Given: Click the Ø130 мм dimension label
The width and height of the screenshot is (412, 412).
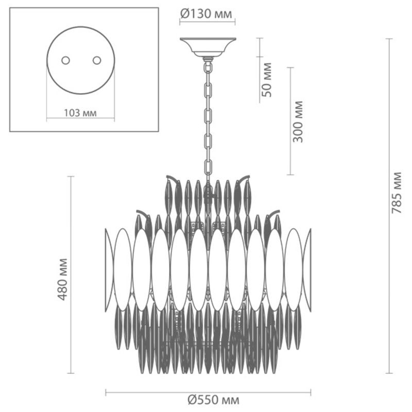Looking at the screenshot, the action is [207, 14].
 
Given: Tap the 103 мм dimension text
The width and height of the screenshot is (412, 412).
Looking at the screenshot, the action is [80, 113].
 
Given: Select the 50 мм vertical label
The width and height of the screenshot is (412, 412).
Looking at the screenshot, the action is [267, 80].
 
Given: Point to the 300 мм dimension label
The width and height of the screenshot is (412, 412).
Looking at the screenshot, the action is [298, 122].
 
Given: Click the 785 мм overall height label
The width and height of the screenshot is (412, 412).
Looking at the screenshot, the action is [397, 193].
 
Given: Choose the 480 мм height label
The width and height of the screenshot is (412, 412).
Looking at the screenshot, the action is [62, 279].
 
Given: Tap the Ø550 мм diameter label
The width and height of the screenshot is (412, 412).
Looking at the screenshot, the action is [214, 400].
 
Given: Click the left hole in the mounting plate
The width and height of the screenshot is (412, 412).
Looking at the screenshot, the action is [66, 60].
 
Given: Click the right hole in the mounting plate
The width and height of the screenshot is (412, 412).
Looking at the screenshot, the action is [97, 60].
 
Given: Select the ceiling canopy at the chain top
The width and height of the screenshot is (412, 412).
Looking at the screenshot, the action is [208, 47].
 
